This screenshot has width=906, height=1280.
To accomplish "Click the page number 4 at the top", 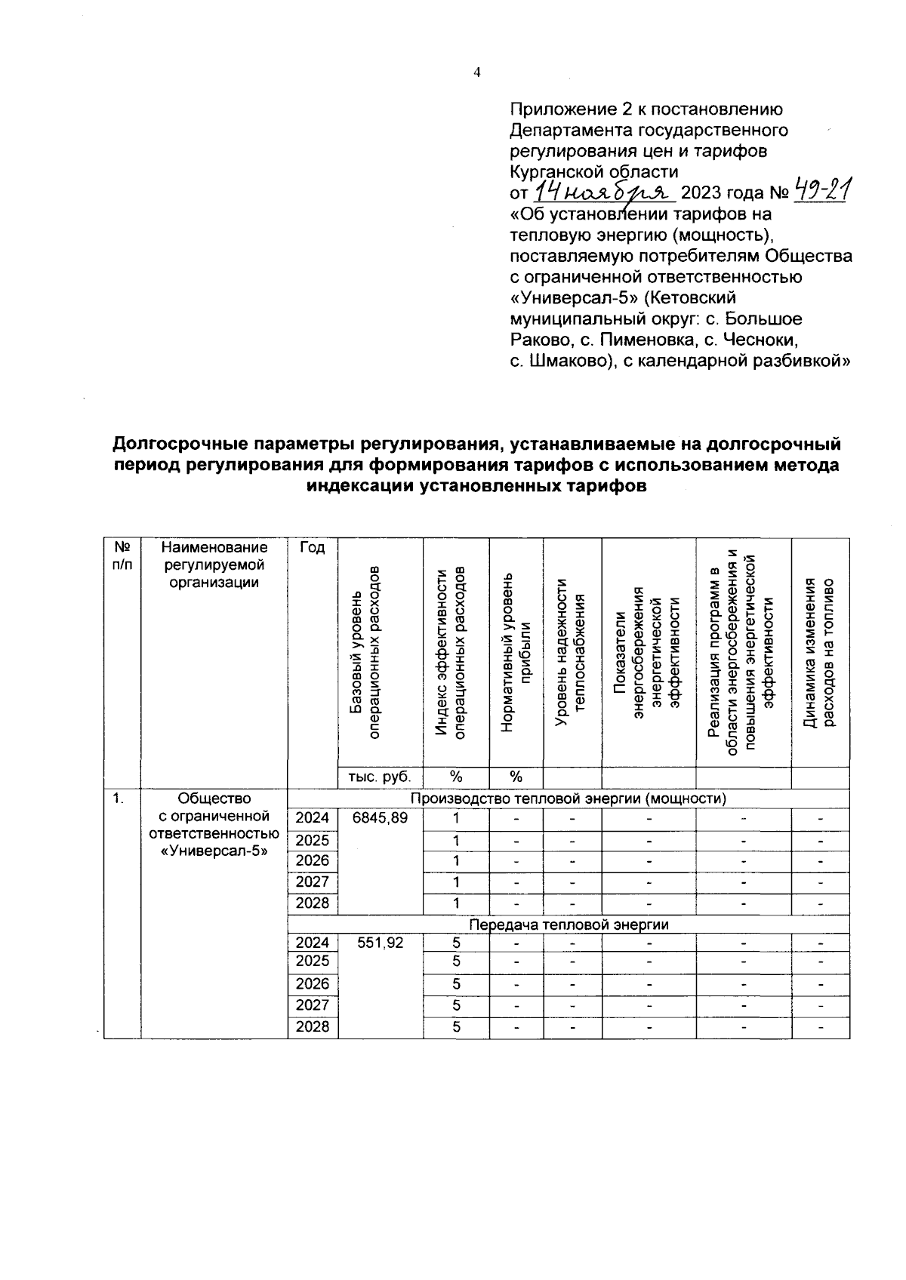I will pyautogui.click(x=476, y=72).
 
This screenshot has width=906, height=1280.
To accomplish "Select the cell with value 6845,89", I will pyautogui.click(x=380, y=818).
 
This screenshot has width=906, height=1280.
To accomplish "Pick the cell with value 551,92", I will pyautogui.click(x=380, y=943).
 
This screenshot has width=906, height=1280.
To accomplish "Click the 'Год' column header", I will pyautogui.click(x=313, y=548).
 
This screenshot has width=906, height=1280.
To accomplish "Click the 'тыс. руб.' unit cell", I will pyautogui.click(x=380, y=777).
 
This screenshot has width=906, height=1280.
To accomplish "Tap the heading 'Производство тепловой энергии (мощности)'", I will pyautogui.click(x=568, y=798).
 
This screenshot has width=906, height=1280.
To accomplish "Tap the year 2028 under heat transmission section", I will pyautogui.click(x=313, y=1027).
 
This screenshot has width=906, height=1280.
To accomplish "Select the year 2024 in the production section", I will pyautogui.click(x=313, y=818).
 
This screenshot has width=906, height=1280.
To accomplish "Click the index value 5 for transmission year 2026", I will pyautogui.click(x=456, y=984).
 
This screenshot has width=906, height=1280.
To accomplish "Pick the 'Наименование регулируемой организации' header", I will pyautogui.click(x=214, y=565).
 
